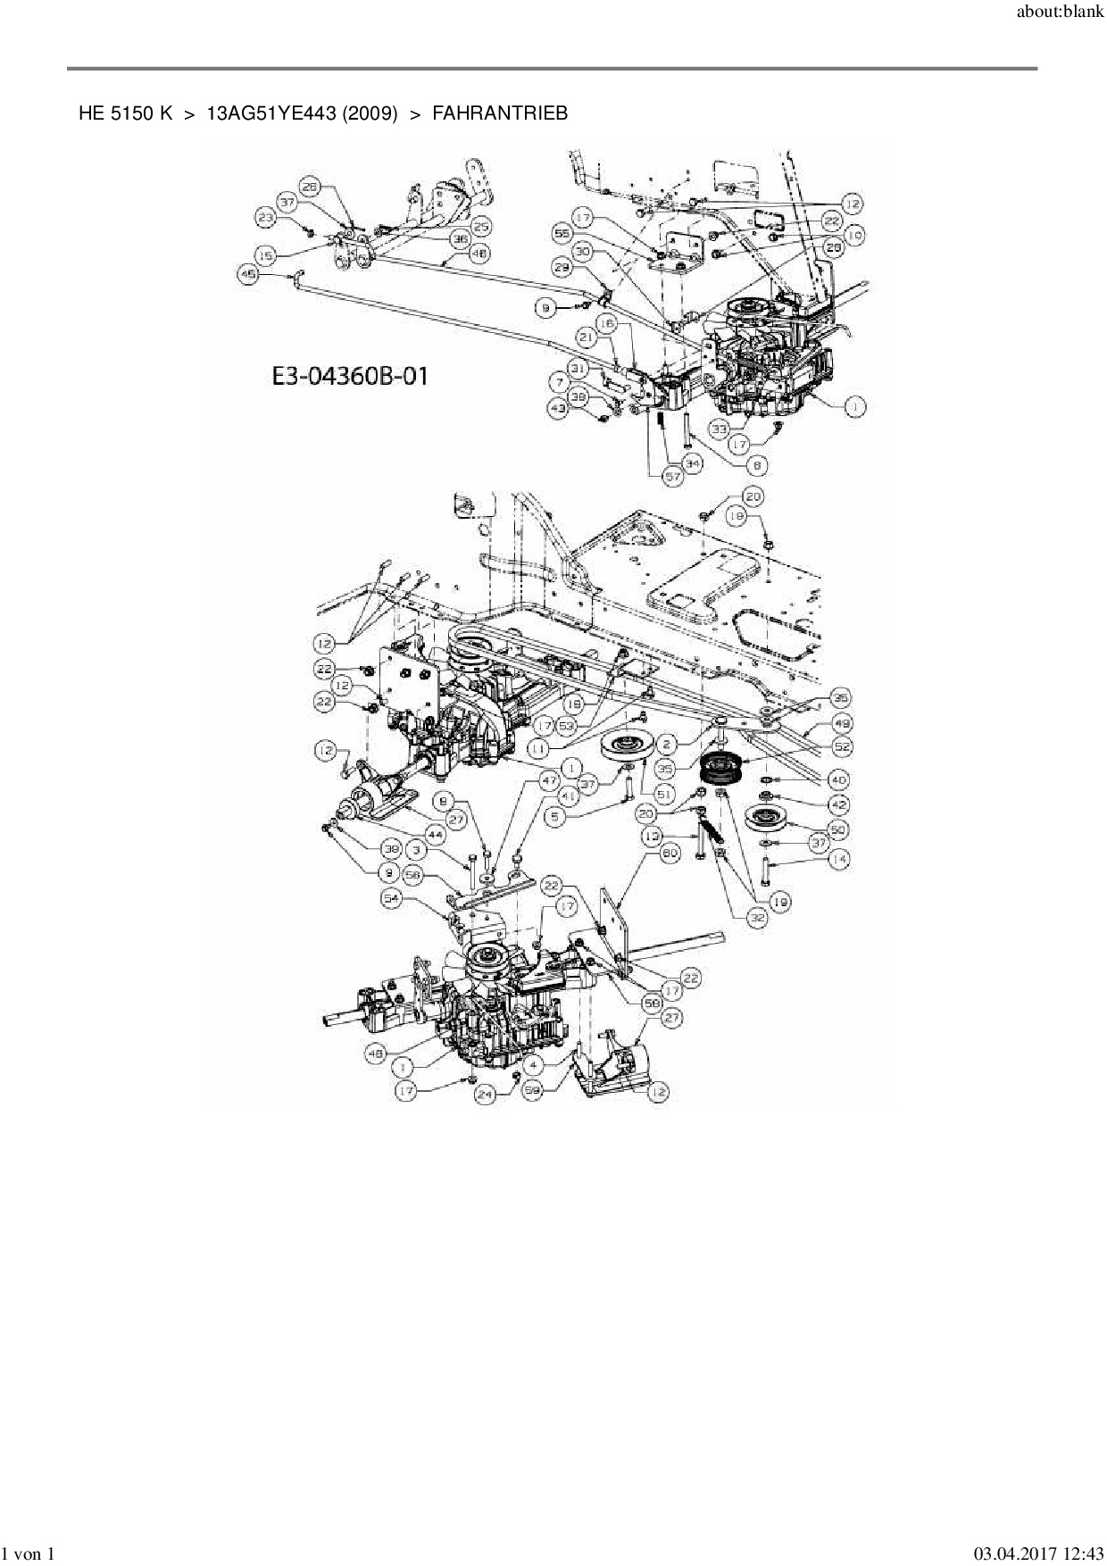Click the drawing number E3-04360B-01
350,376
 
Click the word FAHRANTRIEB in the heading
500,113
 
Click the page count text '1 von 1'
29,1554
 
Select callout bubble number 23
265,217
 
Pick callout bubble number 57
672,477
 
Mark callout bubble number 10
854,235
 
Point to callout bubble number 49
840,721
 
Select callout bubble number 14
838,859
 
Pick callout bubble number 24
485,1094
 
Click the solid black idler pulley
722,768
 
